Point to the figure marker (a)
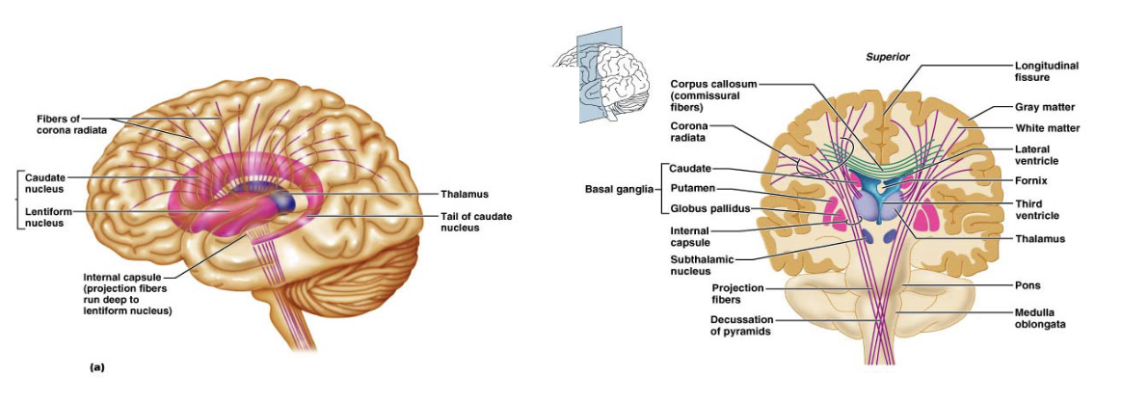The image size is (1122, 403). pyautogui.click(x=97, y=367)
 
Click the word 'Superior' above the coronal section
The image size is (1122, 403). pyautogui.click(x=888, y=57)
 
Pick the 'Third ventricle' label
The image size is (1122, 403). pyautogui.click(x=1037, y=210)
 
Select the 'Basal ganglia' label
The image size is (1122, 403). pyautogui.click(x=616, y=190)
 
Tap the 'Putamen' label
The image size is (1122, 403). pyautogui.click(x=691, y=189)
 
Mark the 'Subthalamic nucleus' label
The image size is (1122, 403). pyautogui.click(x=702, y=265)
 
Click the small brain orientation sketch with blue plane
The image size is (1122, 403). pyautogui.click(x=601, y=75)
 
